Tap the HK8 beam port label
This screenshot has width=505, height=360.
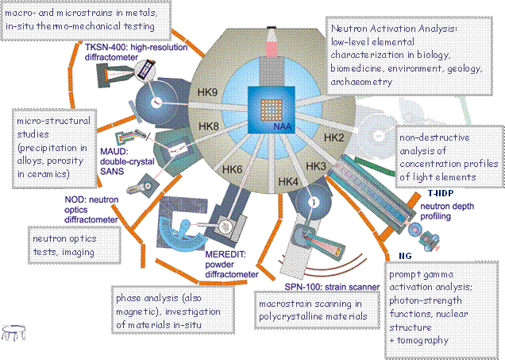point(208,126)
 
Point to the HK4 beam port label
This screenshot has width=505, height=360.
point(289,182)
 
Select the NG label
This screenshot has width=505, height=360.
point(404,256)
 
